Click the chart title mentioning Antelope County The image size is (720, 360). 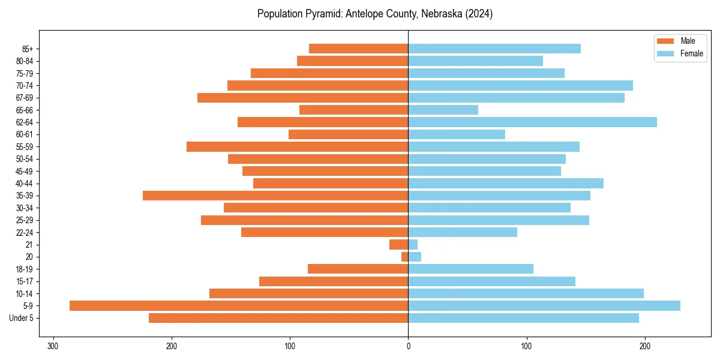click(375, 14)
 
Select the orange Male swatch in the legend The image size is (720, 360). click(665, 41)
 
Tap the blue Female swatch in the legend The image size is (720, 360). click(665, 53)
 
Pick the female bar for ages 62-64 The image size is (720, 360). click(532, 122)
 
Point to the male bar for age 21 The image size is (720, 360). click(399, 244)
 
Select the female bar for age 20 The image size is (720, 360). click(415, 257)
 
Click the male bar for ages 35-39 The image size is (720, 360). click(275, 196)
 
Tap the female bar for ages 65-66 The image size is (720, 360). click(443, 110)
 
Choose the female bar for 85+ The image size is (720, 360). click(494, 49)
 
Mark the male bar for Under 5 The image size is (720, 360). click(278, 318)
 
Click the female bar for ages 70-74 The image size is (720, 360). click(520, 85)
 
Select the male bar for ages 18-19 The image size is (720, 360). click(358, 269)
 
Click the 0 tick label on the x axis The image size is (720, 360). click(408, 346)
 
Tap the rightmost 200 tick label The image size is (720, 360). click(645, 346)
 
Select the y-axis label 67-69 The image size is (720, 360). click(25, 98)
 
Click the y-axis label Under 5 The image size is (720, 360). click(22, 318)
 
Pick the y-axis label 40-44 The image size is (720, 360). click(25, 184)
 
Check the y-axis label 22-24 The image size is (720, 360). click(25, 232)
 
